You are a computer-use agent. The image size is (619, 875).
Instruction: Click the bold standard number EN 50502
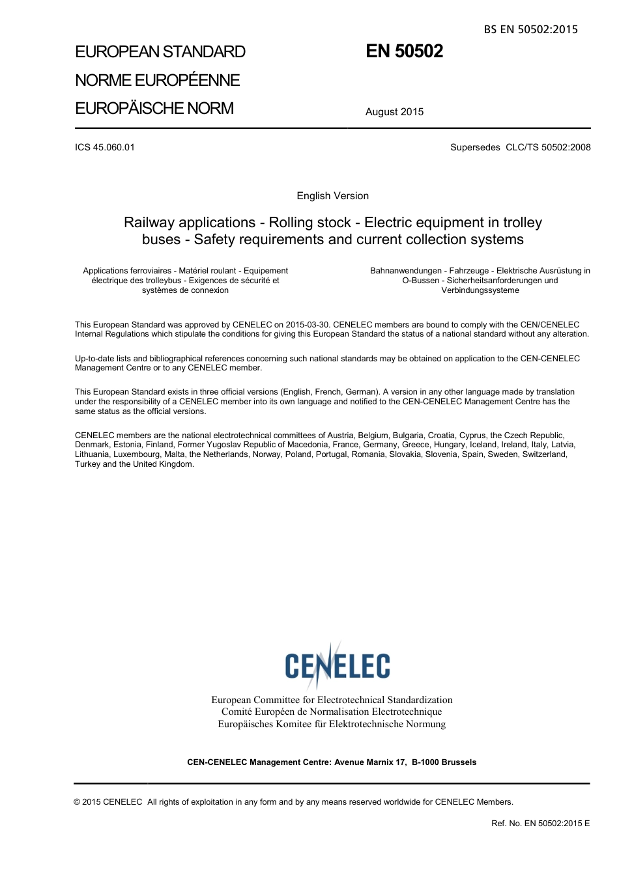point(404,51)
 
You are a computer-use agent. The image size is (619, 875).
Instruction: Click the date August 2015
point(394,112)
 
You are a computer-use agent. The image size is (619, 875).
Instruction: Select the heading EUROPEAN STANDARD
point(160,52)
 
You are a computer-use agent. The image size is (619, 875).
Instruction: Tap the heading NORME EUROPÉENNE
point(158,80)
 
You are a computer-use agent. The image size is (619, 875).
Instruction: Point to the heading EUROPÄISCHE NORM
point(154,108)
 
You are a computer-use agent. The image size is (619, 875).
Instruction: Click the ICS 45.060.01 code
point(105,147)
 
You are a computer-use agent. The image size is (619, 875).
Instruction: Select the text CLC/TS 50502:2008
point(548,147)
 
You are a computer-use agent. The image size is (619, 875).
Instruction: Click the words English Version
point(332,196)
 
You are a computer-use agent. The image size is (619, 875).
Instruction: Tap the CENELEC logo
point(337,665)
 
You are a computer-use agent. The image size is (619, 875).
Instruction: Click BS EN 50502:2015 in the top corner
point(530,29)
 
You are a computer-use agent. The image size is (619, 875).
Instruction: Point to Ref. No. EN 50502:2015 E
point(540,824)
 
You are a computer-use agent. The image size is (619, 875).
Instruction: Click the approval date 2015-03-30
point(308,325)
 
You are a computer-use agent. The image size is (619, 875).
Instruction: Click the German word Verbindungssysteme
point(480,290)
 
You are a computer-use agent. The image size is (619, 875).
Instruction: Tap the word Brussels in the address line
point(459,762)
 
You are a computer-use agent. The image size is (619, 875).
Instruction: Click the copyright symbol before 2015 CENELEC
point(78,802)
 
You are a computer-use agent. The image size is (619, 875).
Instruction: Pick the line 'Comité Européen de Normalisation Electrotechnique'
point(332,712)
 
